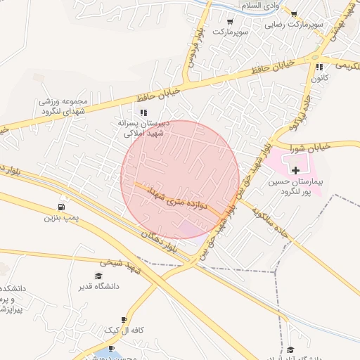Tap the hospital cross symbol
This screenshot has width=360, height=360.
pos(295,169)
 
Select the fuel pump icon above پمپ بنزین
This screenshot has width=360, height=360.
pos(63,207)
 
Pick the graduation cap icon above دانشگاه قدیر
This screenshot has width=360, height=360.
pos(99,275)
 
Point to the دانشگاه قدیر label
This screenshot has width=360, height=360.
pos(102,287)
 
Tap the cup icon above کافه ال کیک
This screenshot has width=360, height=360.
pos(124,319)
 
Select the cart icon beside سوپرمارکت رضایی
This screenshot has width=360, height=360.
pos(293,14)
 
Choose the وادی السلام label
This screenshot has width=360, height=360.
pos(260,6)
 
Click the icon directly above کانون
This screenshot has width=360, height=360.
pos(319,67)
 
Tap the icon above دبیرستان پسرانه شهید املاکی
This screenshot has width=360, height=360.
pos(143,112)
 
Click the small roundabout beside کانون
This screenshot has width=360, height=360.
pos(315,56)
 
